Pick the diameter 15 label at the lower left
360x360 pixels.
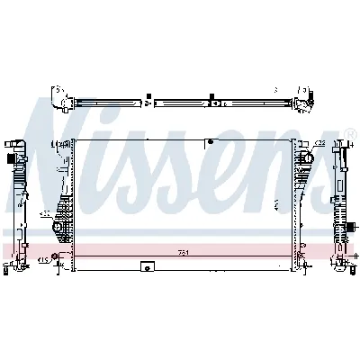click(x=41, y=261)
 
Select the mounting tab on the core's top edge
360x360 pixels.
click(x=209, y=141)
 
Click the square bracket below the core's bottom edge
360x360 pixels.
click(x=146, y=266)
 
